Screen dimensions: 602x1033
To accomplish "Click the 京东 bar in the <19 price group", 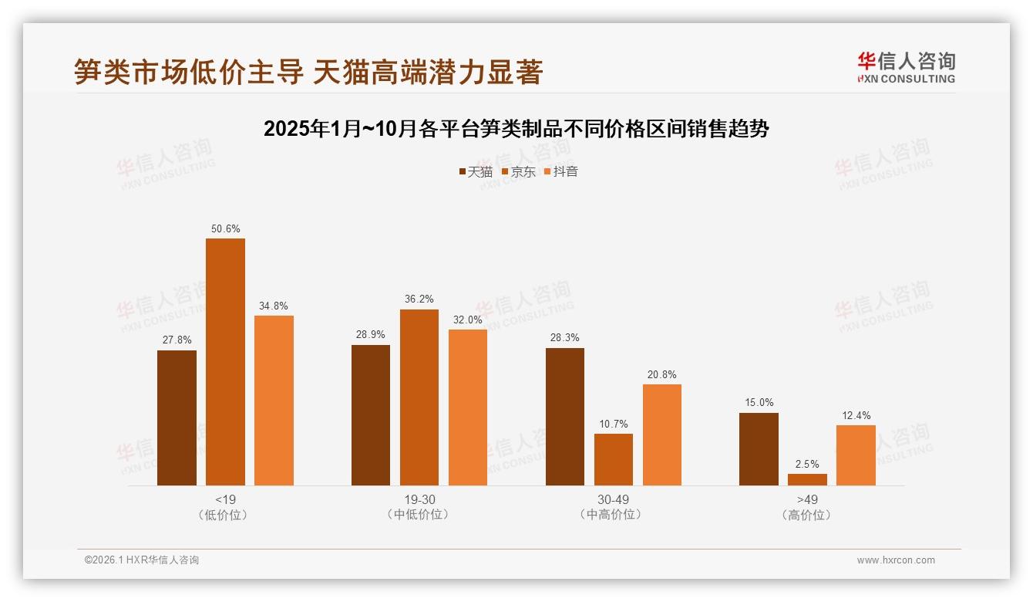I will point(225,362).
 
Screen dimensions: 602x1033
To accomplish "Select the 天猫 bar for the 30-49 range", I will point(565,417).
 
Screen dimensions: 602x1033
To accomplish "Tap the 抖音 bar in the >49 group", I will point(856,455).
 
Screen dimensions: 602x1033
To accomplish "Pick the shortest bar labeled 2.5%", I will point(807,479).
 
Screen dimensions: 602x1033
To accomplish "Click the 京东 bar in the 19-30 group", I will point(419,397).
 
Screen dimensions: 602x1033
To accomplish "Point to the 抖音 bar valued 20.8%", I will point(662,435).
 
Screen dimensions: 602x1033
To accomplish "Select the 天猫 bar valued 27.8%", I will point(177,418).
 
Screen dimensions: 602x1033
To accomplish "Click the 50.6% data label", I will point(225,228).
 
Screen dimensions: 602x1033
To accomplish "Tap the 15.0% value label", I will point(759,402).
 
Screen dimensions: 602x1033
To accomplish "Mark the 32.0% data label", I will point(468,320).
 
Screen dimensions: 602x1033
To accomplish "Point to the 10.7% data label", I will point(614,424).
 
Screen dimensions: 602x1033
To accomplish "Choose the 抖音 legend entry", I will point(560,172).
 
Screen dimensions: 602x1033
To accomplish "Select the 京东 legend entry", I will point(518,172).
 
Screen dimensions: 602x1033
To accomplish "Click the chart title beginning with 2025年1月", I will point(516,129).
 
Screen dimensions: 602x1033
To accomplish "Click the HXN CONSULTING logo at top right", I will point(906,67).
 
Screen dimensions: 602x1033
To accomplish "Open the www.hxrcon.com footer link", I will point(896,560).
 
